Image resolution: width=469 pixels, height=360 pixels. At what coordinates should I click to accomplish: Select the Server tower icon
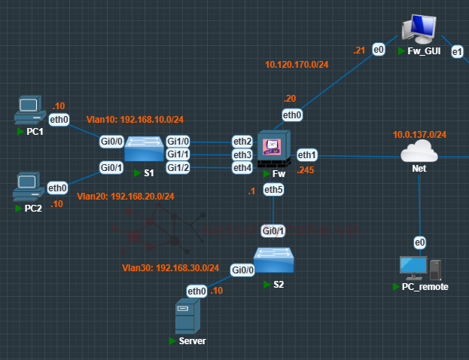click(186, 316)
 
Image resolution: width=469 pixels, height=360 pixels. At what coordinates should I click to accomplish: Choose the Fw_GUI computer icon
click(419, 30)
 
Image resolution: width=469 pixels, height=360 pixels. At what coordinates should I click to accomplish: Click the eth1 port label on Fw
click(306, 154)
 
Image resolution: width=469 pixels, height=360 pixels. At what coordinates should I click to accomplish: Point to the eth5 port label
click(274, 191)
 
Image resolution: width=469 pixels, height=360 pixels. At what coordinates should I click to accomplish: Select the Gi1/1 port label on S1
click(178, 154)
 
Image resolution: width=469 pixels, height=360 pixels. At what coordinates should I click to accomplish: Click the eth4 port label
click(242, 167)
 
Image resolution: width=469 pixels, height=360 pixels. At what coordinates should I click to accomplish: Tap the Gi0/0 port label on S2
click(242, 270)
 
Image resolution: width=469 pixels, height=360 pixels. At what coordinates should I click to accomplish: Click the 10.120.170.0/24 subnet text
click(297, 65)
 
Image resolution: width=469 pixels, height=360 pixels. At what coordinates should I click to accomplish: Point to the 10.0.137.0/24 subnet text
click(419, 135)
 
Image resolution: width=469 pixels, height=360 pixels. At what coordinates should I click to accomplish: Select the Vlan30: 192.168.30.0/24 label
click(171, 267)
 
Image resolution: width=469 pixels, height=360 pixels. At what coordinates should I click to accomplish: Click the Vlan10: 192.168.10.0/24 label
click(136, 119)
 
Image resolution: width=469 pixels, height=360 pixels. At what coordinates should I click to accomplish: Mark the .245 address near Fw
click(305, 170)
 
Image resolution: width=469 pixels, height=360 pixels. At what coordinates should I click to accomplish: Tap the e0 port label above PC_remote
click(419, 242)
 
